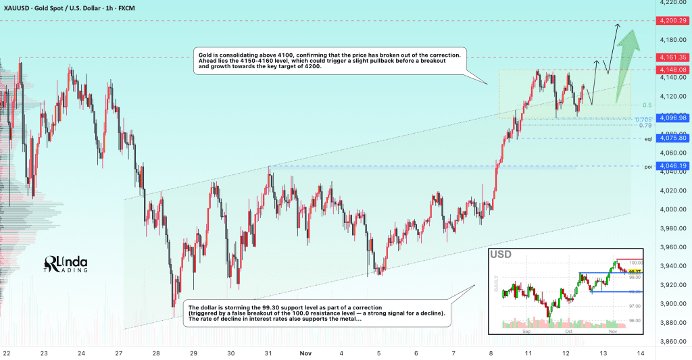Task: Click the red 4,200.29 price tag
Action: (x=672, y=21)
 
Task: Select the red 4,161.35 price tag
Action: (x=672, y=57)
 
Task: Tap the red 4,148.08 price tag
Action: (x=672, y=70)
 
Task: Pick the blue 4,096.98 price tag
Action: (x=672, y=118)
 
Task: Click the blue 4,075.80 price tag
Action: (x=672, y=138)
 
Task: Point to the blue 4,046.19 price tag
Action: (x=672, y=165)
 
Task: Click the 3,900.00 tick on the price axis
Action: (x=670, y=303)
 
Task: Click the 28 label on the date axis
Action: (x=155, y=353)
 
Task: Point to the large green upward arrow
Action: (x=626, y=64)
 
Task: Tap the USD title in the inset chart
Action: (x=501, y=255)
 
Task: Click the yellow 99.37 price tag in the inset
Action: (x=635, y=272)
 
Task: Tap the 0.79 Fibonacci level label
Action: (x=645, y=125)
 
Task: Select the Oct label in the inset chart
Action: (x=569, y=332)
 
